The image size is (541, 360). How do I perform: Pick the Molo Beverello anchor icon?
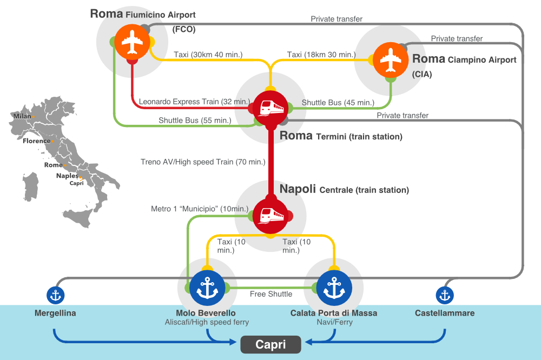pyautogui.click(x=207, y=288)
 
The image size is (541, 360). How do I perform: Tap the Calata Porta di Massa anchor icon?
pyautogui.click(x=334, y=288)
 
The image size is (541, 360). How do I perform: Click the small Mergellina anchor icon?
pyautogui.click(x=56, y=295)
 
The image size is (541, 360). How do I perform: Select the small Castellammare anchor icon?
pyautogui.click(x=445, y=295)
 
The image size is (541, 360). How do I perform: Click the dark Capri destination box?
pyautogui.click(x=270, y=344)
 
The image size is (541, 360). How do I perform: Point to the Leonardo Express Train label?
pyautogui.click(x=194, y=102)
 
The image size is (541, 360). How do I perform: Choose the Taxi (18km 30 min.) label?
pyautogui.click(x=321, y=54)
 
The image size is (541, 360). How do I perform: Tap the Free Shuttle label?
pyautogui.click(x=270, y=294)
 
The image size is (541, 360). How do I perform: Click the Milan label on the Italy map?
pyautogui.click(x=22, y=116)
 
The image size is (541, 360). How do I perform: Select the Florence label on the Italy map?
pyautogui.click(x=36, y=141)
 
